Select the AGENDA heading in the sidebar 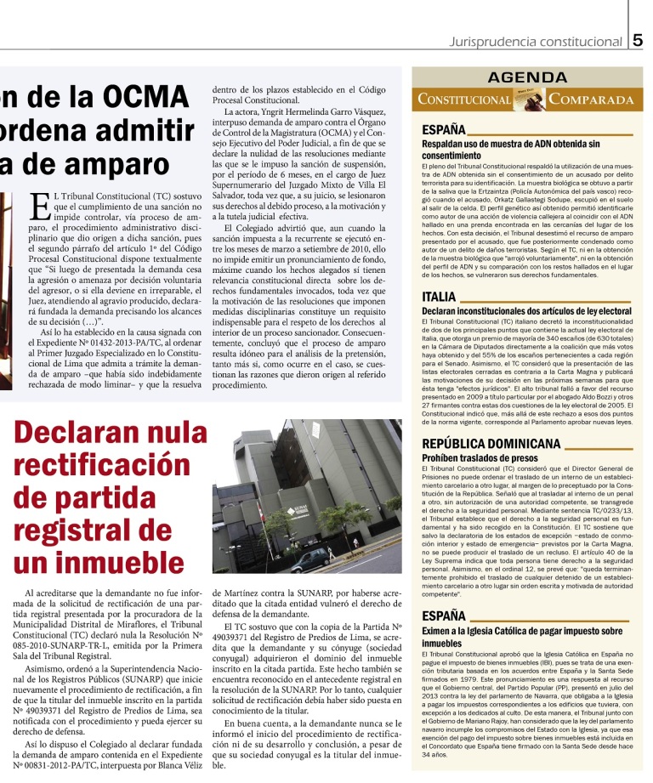tap(529, 77)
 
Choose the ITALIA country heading tap(439, 297)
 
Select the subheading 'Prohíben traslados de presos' tap(479, 457)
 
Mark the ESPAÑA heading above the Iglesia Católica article tap(444, 615)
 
